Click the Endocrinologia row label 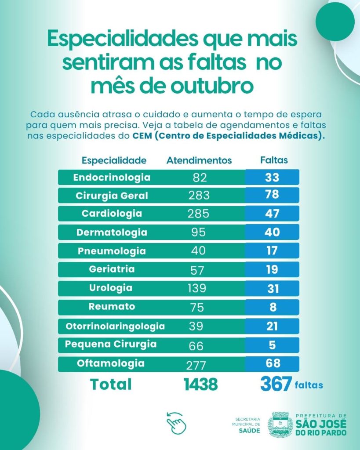[x=112, y=178]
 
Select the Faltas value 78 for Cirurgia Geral [x=272, y=195]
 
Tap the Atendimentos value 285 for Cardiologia [x=198, y=214]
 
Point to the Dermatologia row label [x=112, y=232]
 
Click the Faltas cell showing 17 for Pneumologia [x=272, y=251]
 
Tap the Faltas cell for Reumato [x=273, y=307]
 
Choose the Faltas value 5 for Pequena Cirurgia [x=273, y=345]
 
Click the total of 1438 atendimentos [x=200, y=385]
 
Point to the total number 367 [x=276, y=385]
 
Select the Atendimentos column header [x=199, y=160]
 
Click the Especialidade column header [x=114, y=160]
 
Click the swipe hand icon [x=176, y=422]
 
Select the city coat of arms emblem [x=280, y=425]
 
